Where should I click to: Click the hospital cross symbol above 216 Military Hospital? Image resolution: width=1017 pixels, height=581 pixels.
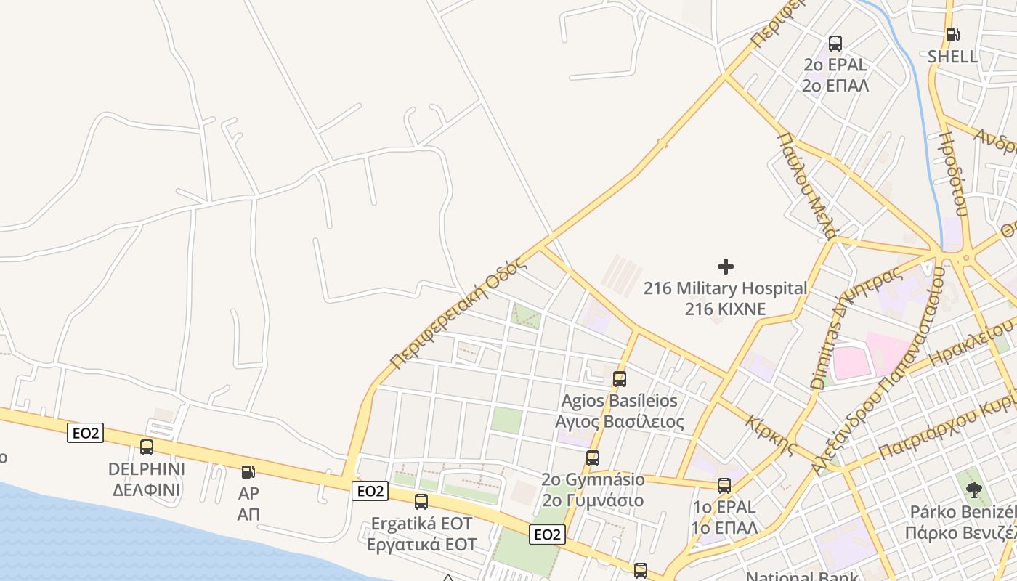(725, 267)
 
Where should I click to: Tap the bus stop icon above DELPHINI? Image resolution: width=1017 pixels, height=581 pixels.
(147, 447)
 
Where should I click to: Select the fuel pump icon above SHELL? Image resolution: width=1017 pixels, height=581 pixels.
(952, 34)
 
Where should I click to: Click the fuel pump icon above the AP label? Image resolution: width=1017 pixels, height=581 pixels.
(248, 472)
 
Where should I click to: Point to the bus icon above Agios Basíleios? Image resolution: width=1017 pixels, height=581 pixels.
(619, 378)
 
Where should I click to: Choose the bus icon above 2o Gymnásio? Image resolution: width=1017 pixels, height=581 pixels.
(593, 458)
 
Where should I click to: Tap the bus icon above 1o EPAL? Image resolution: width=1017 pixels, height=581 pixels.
(724, 485)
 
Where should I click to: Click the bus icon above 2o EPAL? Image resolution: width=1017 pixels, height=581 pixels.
(835, 43)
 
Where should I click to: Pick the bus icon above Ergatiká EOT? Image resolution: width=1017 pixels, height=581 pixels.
(421, 501)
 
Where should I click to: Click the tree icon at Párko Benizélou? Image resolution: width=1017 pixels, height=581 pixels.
(973, 489)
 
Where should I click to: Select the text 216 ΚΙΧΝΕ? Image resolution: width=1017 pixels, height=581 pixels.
(725, 309)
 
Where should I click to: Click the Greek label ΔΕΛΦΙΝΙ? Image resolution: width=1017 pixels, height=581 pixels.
(146, 489)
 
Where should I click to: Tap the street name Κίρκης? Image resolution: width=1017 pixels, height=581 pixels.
(771, 434)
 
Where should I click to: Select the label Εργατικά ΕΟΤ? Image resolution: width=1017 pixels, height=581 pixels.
(421, 545)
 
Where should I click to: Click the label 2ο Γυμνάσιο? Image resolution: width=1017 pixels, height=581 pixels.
(593, 500)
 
